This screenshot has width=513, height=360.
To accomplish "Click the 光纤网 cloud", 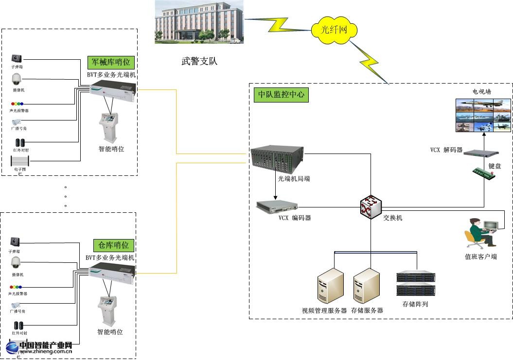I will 335,30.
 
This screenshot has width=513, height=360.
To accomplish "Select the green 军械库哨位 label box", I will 111,62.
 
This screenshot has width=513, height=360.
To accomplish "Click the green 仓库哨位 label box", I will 113,245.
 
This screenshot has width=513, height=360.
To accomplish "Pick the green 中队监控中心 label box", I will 281,94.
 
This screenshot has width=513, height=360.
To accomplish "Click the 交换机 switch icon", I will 371,208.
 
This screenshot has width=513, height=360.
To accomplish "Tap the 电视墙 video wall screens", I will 483,115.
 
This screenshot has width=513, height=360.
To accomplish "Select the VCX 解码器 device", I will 479,154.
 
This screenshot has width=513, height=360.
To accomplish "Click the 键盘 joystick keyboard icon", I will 487,172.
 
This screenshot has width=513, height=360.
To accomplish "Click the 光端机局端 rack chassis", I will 277,157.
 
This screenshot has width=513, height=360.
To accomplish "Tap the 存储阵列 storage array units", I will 415,284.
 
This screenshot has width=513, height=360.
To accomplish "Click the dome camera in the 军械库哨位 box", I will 17,79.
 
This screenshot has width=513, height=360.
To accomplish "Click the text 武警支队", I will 199,62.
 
